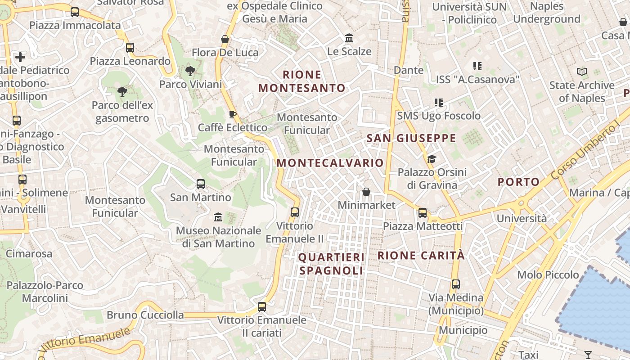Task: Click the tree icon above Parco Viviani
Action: (x=190, y=71)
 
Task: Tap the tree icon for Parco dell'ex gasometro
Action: (x=122, y=92)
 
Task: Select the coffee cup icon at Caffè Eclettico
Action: (x=233, y=114)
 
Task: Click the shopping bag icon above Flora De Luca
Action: (x=225, y=39)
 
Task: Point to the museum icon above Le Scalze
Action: (x=349, y=38)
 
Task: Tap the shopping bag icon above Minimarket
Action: (x=366, y=192)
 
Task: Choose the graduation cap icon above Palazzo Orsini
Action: (x=432, y=159)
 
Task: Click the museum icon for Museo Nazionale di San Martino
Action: (x=218, y=217)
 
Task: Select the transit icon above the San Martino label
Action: (x=201, y=184)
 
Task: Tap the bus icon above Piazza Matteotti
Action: (x=423, y=213)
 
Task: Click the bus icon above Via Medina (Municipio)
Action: (x=456, y=284)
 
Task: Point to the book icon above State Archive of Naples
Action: (x=582, y=72)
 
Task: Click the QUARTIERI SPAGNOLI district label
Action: (x=331, y=264)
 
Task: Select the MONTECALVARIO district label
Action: (x=330, y=163)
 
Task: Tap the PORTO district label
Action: (x=518, y=182)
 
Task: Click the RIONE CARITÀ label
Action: (x=421, y=256)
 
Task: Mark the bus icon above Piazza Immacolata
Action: (x=75, y=12)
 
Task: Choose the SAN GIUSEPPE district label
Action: (x=411, y=138)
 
